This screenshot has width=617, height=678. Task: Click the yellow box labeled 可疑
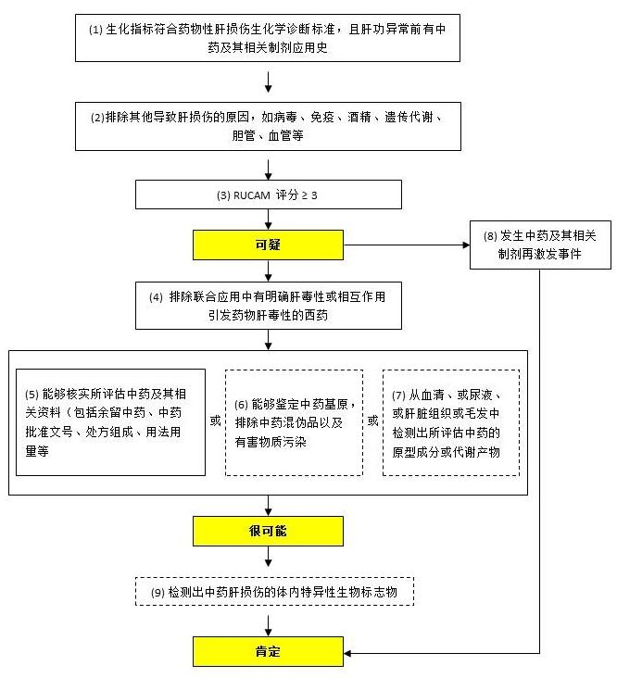point(268,245)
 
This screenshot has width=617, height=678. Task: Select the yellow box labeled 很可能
point(268,531)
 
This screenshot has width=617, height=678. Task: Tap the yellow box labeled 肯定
point(268,651)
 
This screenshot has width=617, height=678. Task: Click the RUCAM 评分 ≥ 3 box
point(269,195)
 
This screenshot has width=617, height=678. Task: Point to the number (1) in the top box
point(95,30)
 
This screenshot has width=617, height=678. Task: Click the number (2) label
point(97,118)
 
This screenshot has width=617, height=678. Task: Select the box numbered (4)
point(269,306)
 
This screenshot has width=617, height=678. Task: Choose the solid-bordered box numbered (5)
point(110,422)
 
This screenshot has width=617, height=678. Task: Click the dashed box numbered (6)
point(294,422)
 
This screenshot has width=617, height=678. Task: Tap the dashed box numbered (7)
point(451,422)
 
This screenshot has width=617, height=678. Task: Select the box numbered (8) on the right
point(540,245)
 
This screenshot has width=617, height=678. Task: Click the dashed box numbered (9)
point(274,592)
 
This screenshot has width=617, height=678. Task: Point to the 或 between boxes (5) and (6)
point(215,421)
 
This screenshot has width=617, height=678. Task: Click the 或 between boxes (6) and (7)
point(372,421)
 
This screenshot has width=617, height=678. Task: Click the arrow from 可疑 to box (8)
point(407,245)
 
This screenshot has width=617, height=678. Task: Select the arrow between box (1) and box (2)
point(269,82)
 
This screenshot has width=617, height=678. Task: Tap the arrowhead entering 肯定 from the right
point(347,653)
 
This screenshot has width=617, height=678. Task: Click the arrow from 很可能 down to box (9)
point(269,557)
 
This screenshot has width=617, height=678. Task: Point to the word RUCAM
point(252,195)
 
